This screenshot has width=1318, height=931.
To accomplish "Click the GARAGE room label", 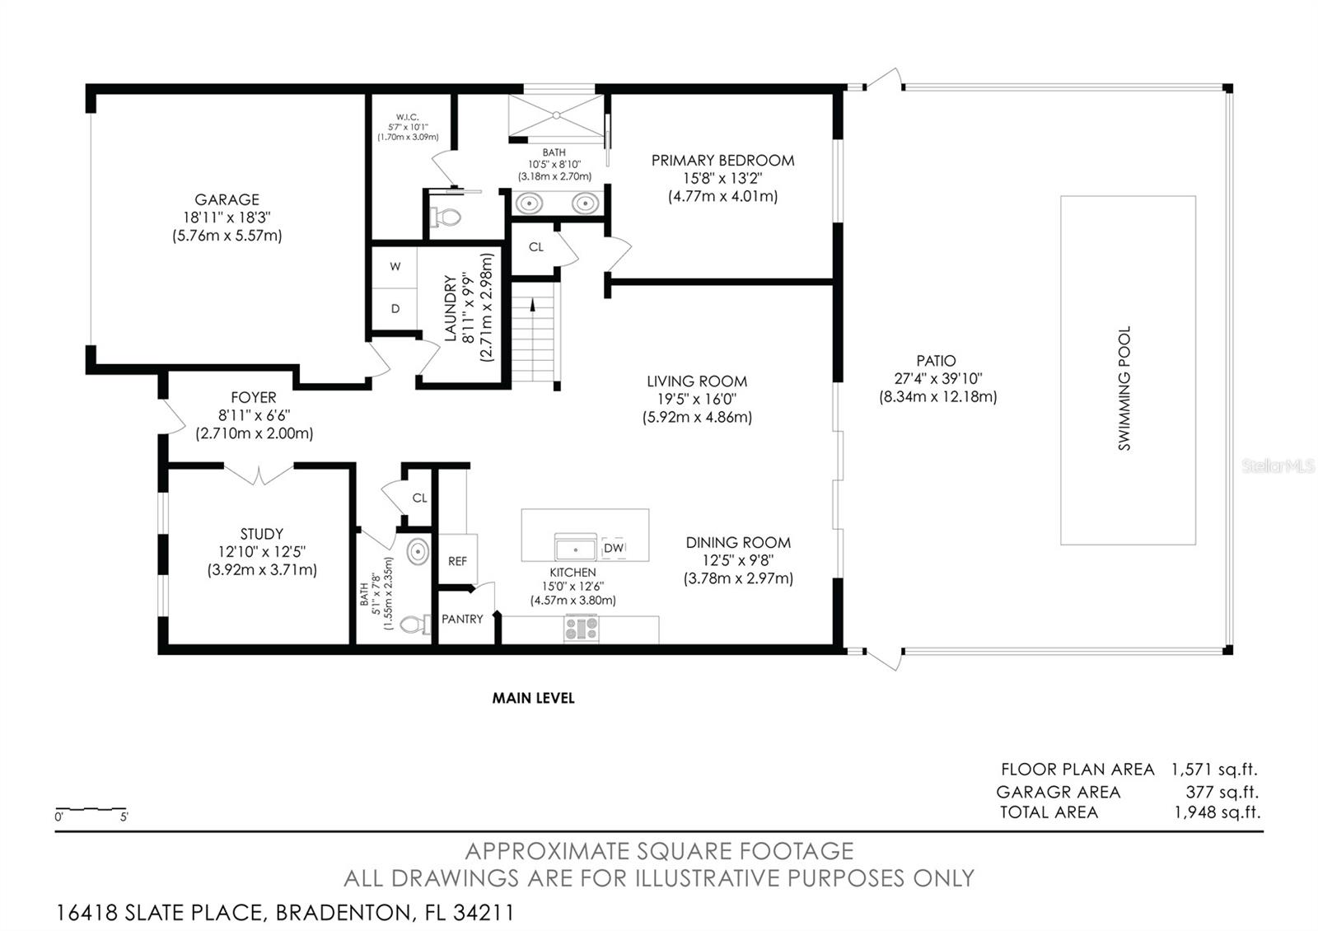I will coord(227,199).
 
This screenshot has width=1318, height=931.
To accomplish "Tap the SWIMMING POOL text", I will coord(1124,388).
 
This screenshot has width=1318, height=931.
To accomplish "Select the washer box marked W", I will coord(395,267).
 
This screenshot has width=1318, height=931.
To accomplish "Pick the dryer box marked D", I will coord(395,309).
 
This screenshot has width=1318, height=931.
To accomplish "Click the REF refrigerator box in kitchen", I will coord(457,561).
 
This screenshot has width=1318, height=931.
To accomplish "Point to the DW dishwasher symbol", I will coord(614,548).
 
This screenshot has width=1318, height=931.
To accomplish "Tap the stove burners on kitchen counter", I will coord(582,629).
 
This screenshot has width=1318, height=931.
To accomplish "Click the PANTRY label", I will coord(462,619).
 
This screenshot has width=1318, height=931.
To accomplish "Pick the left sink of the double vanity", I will coord(527,202).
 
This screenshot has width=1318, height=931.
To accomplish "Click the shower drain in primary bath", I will coord(556,115).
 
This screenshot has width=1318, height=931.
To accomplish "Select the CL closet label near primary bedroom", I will coord(536,247).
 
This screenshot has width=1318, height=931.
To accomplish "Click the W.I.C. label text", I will coord(408,117).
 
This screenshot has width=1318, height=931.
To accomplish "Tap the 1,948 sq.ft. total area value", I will coord(1217,812).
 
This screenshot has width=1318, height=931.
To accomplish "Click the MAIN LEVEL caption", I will coord(533,698).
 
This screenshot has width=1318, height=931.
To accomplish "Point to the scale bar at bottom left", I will coord(91,810).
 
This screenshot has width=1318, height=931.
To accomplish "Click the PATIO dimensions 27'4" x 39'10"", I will coord(937,378).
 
